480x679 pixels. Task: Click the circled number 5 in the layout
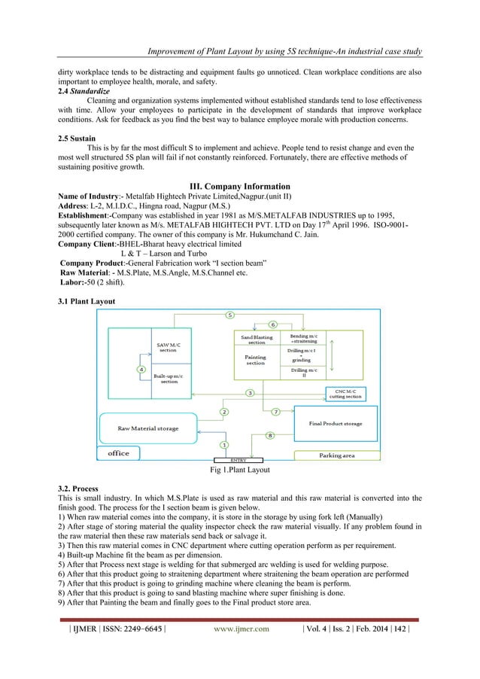(x=230, y=314)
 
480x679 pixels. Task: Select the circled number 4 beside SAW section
(x=141, y=369)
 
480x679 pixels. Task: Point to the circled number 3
(x=249, y=393)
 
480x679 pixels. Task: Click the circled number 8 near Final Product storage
(x=270, y=435)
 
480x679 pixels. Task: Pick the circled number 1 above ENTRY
(x=223, y=446)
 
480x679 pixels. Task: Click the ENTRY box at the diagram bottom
(x=239, y=458)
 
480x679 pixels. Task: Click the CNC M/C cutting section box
(x=343, y=393)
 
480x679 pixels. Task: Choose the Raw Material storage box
(x=147, y=428)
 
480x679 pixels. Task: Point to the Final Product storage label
(x=336, y=424)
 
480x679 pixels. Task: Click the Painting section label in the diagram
(x=256, y=360)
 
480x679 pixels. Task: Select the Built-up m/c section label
(x=166, y=378)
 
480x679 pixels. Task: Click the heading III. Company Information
(x=240, y=186)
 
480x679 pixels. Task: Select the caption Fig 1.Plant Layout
(x=239, y=470)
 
